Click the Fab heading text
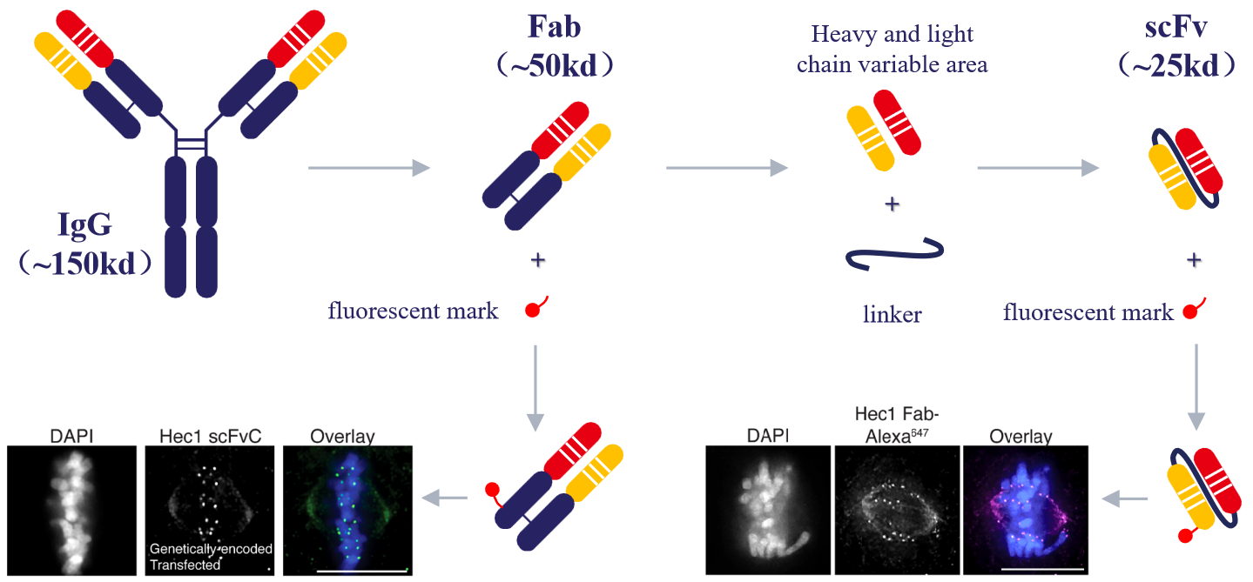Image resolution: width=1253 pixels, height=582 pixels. coord(554,26)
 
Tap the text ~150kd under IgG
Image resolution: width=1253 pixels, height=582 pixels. coord(86,264)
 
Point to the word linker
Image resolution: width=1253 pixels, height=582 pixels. coord(892,314)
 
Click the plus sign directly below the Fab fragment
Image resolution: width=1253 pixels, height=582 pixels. coord(537,260)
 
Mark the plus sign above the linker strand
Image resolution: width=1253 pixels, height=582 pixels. coord(892,205)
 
